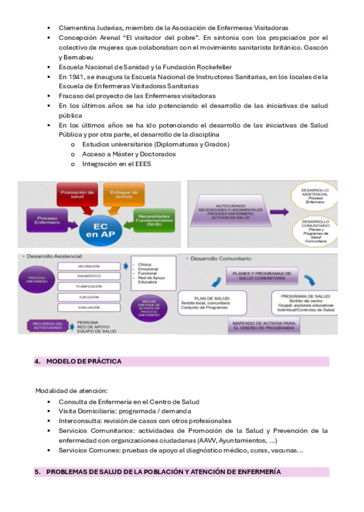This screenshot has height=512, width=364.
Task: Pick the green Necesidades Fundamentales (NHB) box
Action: [x=154, y=220]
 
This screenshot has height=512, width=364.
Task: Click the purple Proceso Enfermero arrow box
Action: [x=45, y=220]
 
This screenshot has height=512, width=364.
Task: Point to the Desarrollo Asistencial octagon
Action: [x=313, y=196]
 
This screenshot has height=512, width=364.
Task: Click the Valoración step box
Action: [x=88, y=266]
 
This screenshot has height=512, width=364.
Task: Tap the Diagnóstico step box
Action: [x=88, y=276]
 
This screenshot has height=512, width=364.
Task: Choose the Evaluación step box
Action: [x=88, y=308]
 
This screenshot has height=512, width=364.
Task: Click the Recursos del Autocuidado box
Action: [x=48, y=327]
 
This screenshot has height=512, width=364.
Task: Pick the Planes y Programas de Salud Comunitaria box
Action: [x=261, y=277]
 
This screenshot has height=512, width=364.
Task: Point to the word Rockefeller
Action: [x=211, y=66]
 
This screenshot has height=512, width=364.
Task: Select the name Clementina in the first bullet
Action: [x=77, y=28]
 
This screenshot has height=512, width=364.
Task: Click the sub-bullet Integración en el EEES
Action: [x=117, y=164]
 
